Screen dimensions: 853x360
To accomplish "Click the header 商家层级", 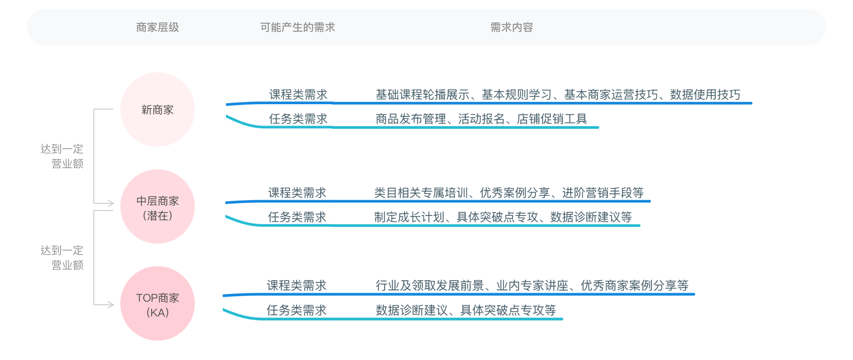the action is [158, 27].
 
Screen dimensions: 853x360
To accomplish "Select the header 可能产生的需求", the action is [298, 27].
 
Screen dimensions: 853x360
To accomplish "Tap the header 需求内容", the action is [511, 27].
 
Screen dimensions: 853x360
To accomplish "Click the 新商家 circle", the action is [158, 110].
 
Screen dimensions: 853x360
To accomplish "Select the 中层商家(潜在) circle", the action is [158, 206].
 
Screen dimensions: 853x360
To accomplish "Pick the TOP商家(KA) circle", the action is [158, 304].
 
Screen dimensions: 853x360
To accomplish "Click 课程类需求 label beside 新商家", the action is [298, 95].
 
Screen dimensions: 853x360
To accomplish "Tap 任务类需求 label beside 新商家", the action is [298, 119].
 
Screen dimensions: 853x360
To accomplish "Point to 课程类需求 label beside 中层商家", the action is [297, 193].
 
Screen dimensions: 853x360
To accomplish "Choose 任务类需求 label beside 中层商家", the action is [297, 217].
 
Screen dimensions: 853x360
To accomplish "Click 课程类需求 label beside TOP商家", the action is [296, 285].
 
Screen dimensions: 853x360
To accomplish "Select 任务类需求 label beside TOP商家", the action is [296, 310].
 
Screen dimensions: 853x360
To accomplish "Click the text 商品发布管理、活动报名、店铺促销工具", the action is [481, 119].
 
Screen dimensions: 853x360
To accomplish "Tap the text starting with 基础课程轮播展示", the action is [558, 95].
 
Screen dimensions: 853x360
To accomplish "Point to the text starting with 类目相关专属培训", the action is [509, 193].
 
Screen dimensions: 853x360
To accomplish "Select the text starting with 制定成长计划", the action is [503, 217].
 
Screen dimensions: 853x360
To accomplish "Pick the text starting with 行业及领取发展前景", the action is [532, 285].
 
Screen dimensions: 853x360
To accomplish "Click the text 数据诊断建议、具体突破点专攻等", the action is [466, 310].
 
